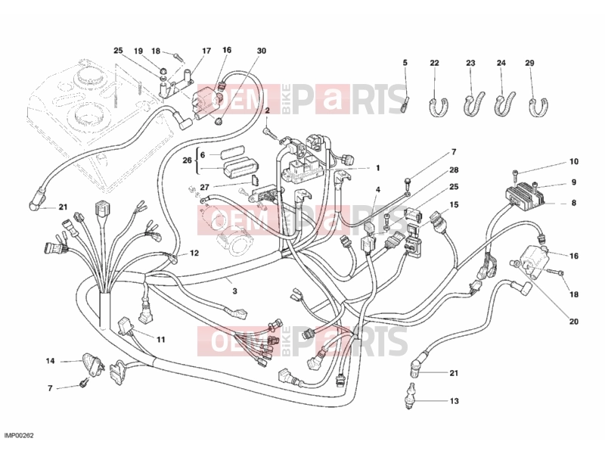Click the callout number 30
262,51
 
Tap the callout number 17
206,51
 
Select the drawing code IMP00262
20,436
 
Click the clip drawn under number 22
439,107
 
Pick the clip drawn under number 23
473,104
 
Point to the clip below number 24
504,104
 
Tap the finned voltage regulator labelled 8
526,195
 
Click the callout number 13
455,401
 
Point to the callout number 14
50,362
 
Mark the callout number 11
160,340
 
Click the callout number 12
194,253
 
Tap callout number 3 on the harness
234,291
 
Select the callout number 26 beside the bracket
187,160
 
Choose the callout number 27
204,187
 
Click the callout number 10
574,162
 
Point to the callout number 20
574,322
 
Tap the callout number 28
454,169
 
